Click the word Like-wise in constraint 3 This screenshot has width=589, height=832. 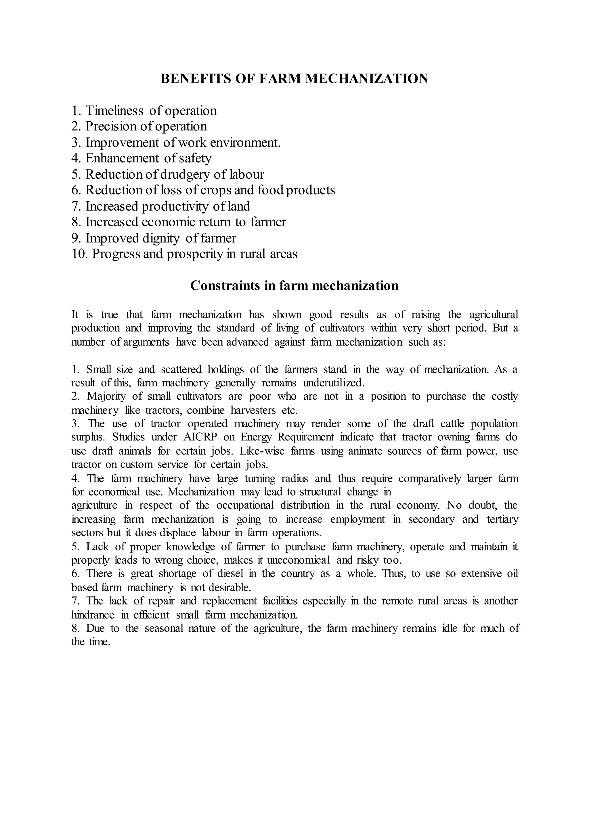tap(264, 451)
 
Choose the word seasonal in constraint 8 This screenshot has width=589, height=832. tap(164, 628)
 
